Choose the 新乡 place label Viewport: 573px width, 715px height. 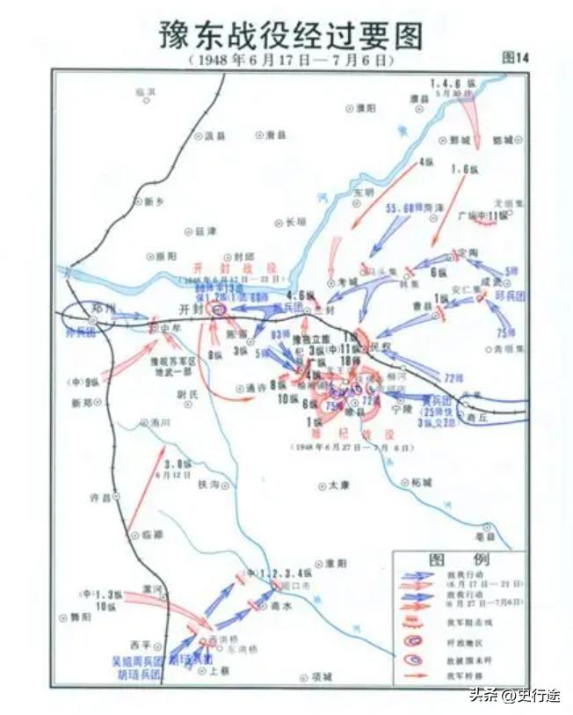pyautogui.click(x=155, y=201)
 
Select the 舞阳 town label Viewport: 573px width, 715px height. pyautogui.click(x=80, y=617)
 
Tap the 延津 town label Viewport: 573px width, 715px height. pyautogui.click(x=205, y=230)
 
